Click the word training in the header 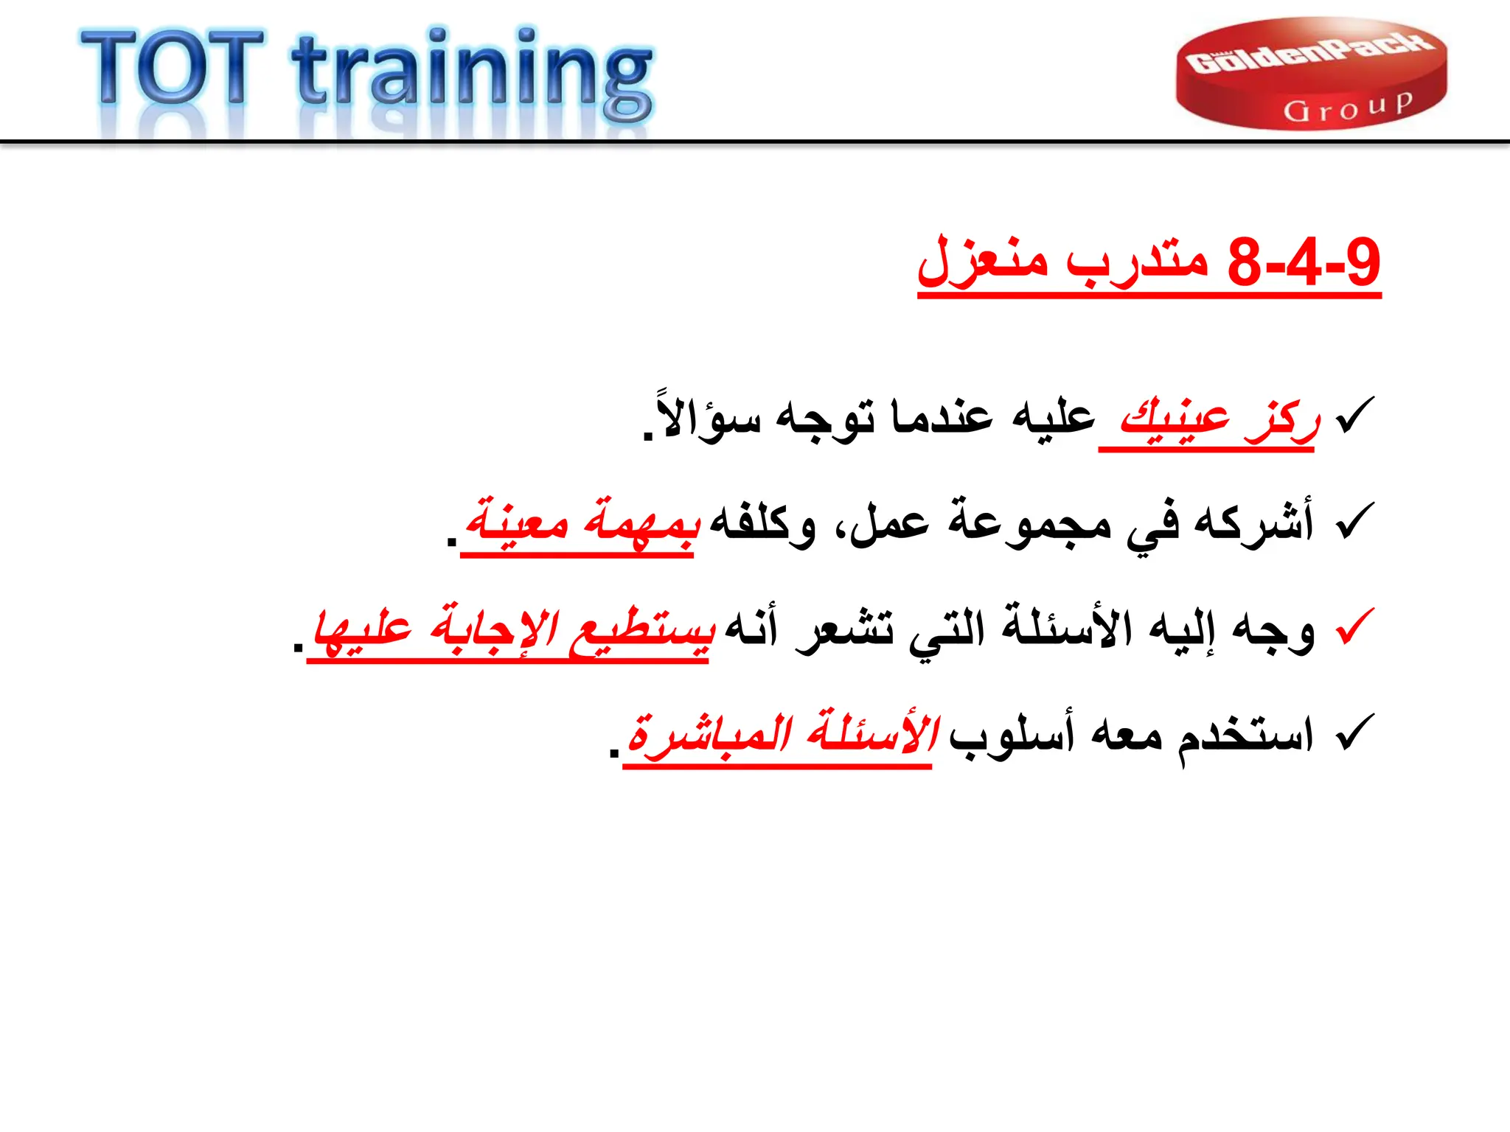tap(472, 74)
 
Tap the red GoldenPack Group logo tap(1311, 74)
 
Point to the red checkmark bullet tap(1355, 627)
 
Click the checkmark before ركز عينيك tap(1355, 414)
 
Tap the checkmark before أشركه tap(1355, 520)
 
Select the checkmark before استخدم tap(1355, 733)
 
